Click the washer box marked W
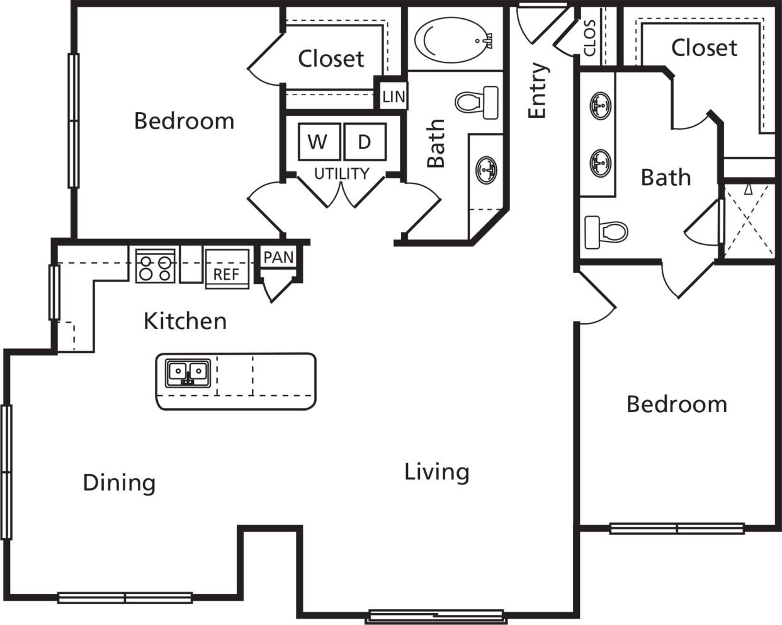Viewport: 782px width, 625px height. click(317, 142)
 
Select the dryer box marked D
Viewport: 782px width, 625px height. click(365, 142)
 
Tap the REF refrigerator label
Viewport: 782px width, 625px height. click(226, 274)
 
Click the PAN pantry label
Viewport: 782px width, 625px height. click(278, 257)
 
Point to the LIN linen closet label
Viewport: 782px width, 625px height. click(394, 97)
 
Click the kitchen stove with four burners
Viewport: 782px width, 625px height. click(155, 266)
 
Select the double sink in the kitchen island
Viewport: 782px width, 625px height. click(188, 373)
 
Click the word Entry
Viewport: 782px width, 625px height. click(538, 90)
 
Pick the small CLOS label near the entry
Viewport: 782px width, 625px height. click(590, 38)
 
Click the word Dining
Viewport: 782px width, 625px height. click(119, 483)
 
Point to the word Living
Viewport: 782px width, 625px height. click(436, 472)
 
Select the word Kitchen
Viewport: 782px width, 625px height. click(185, 321)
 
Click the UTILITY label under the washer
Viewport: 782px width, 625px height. click(341, 173)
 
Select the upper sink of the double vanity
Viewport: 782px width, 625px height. click(600, 105)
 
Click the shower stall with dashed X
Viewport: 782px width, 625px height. click(748, 220)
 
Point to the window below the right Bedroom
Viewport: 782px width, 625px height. click(677, 529)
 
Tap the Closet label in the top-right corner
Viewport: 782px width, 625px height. click(704, 47)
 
